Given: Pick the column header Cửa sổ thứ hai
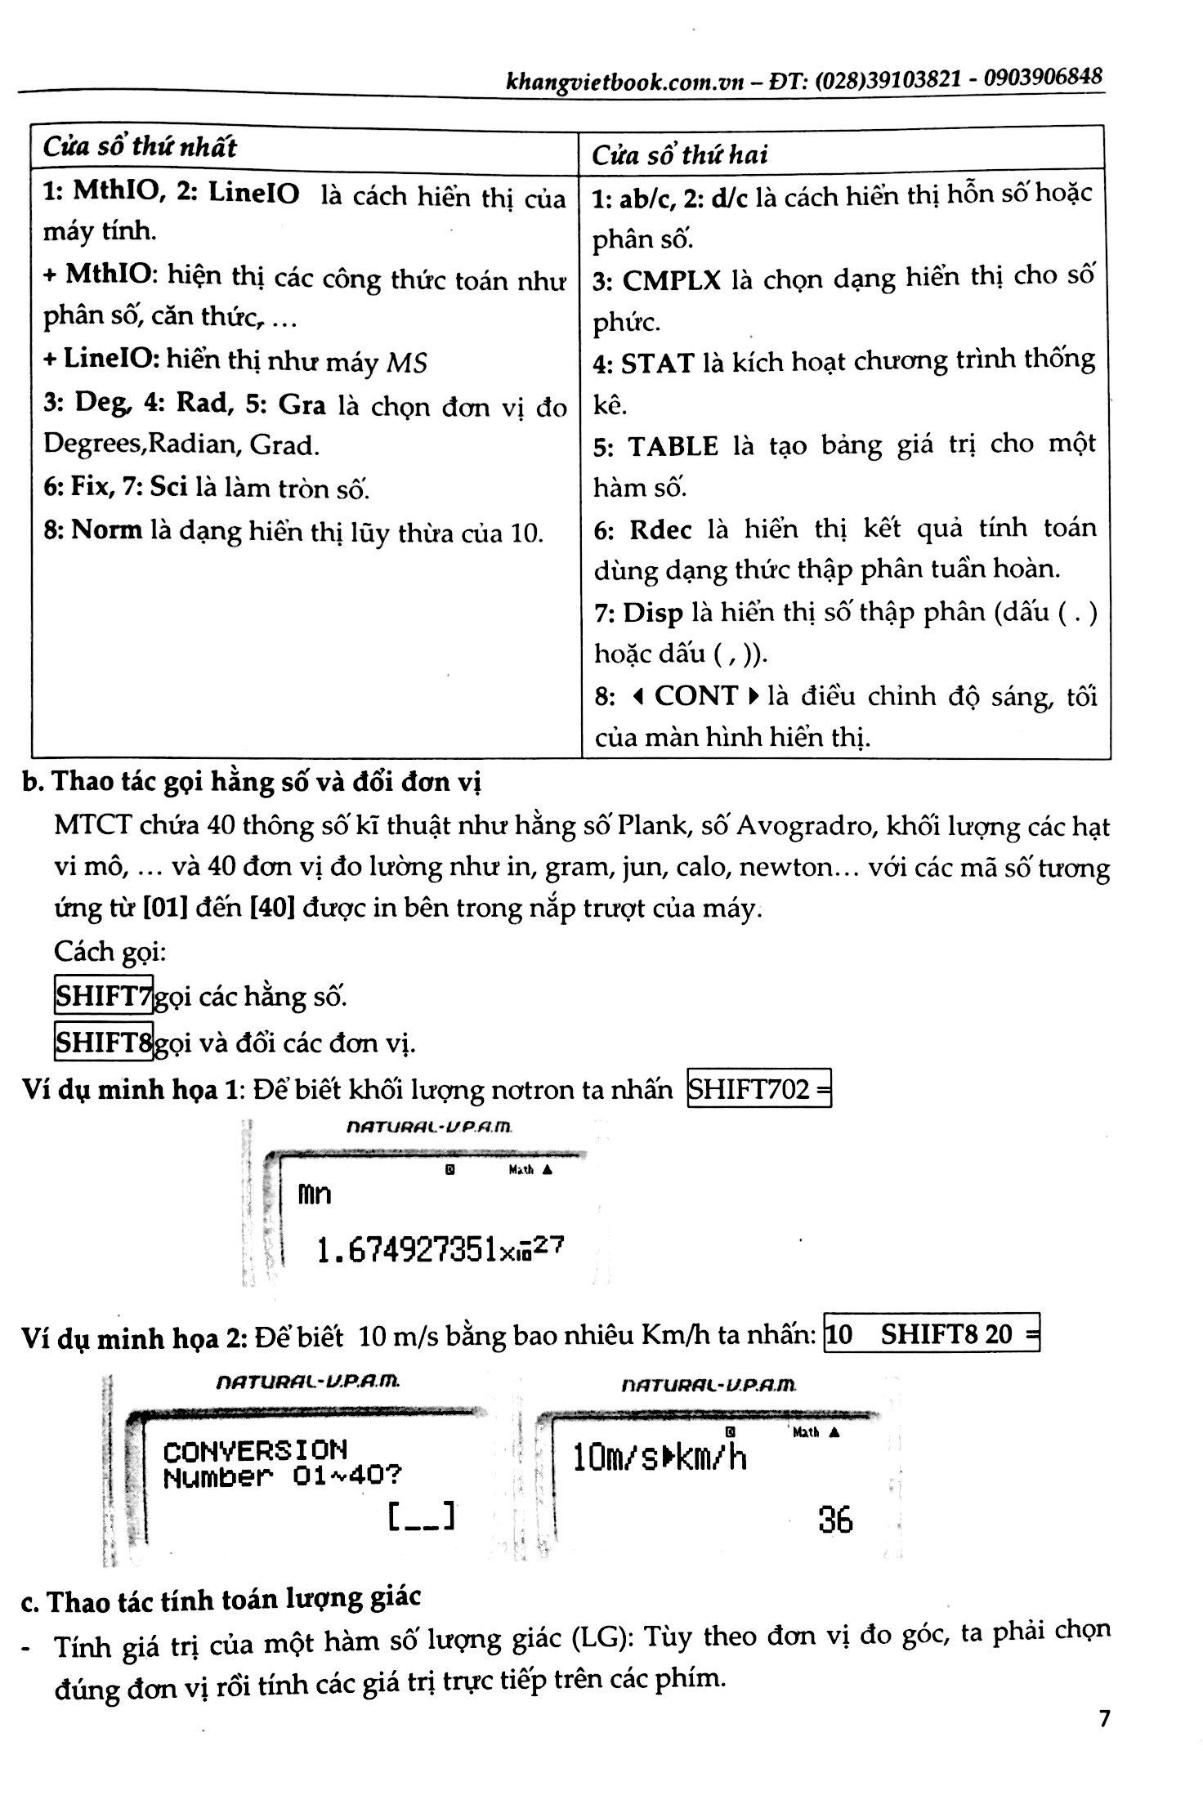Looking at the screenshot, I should tap(679, 154).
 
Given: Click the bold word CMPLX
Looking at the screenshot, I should tap(671, 281).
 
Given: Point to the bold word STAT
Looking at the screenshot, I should tap(657, 364).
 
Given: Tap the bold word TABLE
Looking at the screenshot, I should tap(673, 446).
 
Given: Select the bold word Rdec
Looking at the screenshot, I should tap(660, 530).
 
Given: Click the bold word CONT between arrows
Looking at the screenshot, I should tap(695, 696).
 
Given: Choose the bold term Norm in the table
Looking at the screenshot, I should tap(106, 530).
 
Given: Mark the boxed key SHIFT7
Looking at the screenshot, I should tap(104, 996).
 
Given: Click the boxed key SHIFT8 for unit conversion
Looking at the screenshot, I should tap(104, 1042).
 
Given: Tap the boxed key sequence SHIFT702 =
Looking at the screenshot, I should tap(759, 1089).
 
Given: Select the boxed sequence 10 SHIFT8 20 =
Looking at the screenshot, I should tap(932, 1334).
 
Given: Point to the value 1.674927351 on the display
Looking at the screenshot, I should tap(407, 1250).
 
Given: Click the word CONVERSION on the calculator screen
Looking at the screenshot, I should tap(255, 1451).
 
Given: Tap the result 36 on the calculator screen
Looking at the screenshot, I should tap(834, 1520).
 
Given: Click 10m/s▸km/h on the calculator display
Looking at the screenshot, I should tap(660, 1458).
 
